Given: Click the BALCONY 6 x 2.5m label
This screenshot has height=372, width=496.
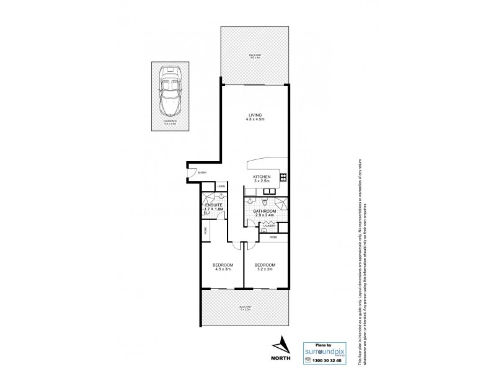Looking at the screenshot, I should (246, 309).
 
